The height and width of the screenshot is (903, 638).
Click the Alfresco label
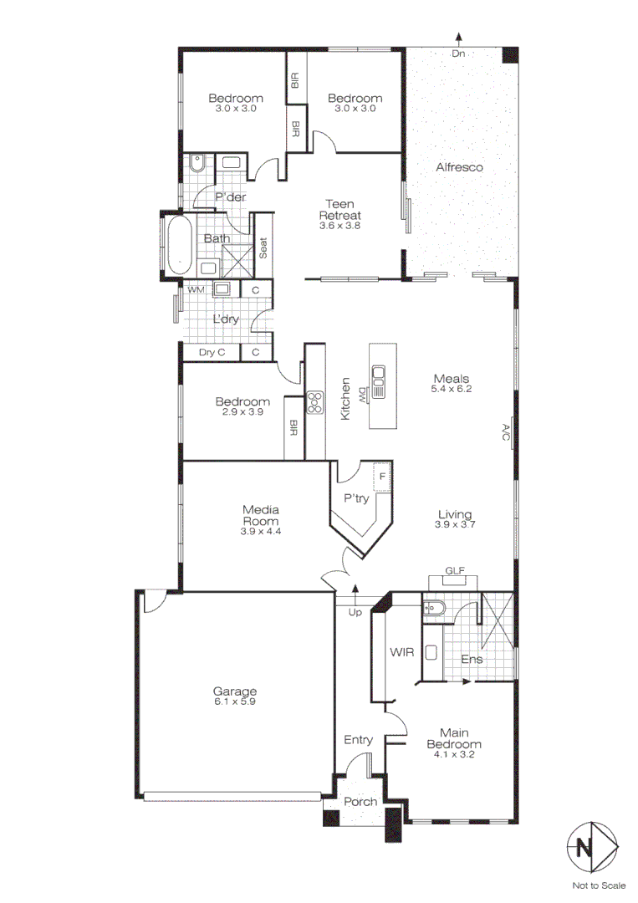(x=460, y=167)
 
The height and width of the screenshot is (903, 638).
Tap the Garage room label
(x=234, y=691)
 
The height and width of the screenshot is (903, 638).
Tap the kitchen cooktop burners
(x=315, y=403)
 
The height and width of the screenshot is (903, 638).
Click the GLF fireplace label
(x=455, y=571)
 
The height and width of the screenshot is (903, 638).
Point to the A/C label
(x=506, y=433)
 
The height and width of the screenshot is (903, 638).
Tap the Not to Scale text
(x=599, y=885)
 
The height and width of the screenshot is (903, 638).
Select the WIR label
(x=398, y=650)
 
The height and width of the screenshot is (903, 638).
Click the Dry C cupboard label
(x=212, y=353)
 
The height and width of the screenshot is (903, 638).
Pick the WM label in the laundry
(x=196, y=289)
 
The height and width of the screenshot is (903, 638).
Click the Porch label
(x=361, y=802)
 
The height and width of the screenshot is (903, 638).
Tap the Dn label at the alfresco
(x=457, y=54)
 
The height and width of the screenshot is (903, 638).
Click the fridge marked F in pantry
(x=382, y=477)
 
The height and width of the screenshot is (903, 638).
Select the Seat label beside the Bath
(x=263, y=248)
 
